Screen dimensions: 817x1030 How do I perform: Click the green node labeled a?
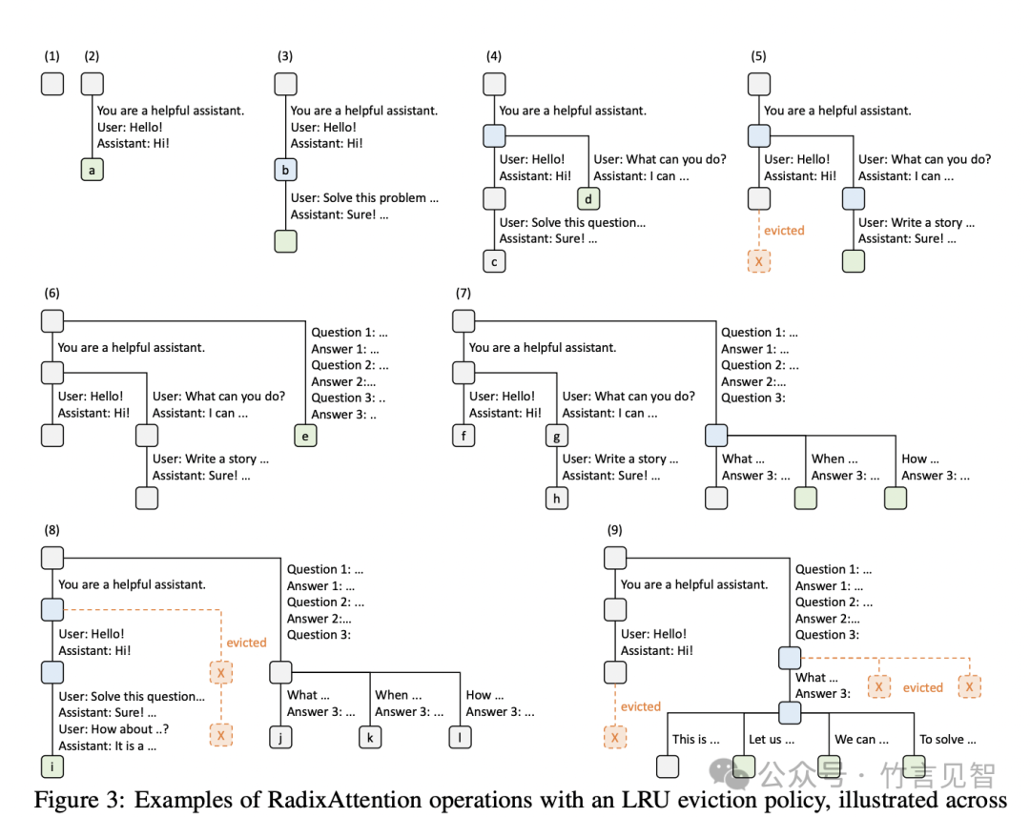pyautogui.click(x=92, y=171)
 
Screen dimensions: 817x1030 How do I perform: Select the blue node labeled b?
pyautogui.click(x=285, y=171)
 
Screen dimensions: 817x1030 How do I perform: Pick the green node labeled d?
pyautogui.click(x=588, y=199)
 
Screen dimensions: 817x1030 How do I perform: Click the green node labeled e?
pyautogui.click(x=305, y=437)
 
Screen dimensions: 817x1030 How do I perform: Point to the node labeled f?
pyautogui.click(x=463, y=437)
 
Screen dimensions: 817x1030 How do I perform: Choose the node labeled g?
pyautogui.click(x=557, y=437)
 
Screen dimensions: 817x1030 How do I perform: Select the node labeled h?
pyautogui.click(x=557, y=498)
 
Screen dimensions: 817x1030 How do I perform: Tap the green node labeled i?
pyautogui.click(x=51, y=766)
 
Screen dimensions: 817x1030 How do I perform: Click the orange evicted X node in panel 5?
pyautogui.click(x=759, y=261)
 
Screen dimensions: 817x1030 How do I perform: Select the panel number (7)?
pyautogui.click(x=463, y=293)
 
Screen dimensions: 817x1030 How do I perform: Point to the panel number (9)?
pyautogui.click(x=616, y=529)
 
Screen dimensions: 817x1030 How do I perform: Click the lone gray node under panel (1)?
pyautogui.click(x=51, y=84)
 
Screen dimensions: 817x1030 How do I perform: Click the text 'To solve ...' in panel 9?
pyautogui.click(x=947, y=739)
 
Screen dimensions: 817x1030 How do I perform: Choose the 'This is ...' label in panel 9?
pyautogui.click(x=695, y=739)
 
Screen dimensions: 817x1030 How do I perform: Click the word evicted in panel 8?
pyautogui.click(x=246, y=643)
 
